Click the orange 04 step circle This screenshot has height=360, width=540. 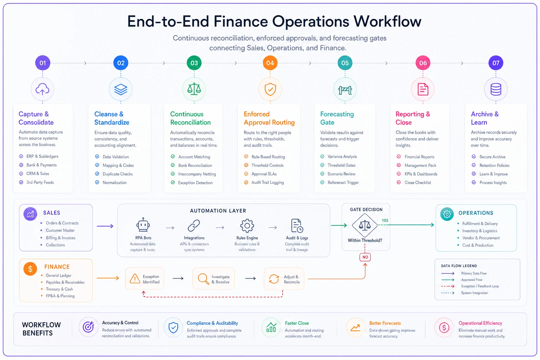pyautogui.click(x=270, y=63)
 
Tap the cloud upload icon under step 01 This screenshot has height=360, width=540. pyautogui.click(x=43, y=89)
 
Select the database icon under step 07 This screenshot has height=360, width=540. pyautogui.click(x=496, y=89)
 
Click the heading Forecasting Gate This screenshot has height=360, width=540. pyautogui.click(x=337, y=118)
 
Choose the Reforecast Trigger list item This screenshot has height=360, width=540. pyautogui.click(x=340, y=182)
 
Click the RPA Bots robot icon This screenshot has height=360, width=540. pyautogui.click(x=143, y=225)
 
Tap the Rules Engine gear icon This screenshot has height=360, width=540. pyautogui.click(x=247, y=226)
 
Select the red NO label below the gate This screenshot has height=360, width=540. pyautogui.click(x=365, y=257)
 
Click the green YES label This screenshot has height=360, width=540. pyautogui.click(x=385, y=220)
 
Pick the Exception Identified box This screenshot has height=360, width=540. pyautogui.click(x=144, y=279)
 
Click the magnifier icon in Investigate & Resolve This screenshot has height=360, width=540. pyautogui.click(x=203, y=279)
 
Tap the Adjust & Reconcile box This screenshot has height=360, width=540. pyautogui.click(x=284, y=279)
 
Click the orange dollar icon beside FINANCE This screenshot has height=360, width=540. pyautogui.click(x=30, y=269)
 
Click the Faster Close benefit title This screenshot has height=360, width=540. pyautogui.click(x=297, y=323)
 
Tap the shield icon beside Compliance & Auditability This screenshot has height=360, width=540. pyautogui.click(x=173, y=327)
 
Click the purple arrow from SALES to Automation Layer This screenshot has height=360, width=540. pyautogui.click(x=105, y=226)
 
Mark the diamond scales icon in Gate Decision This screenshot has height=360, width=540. pyautogui.click(x=365, y=225)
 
